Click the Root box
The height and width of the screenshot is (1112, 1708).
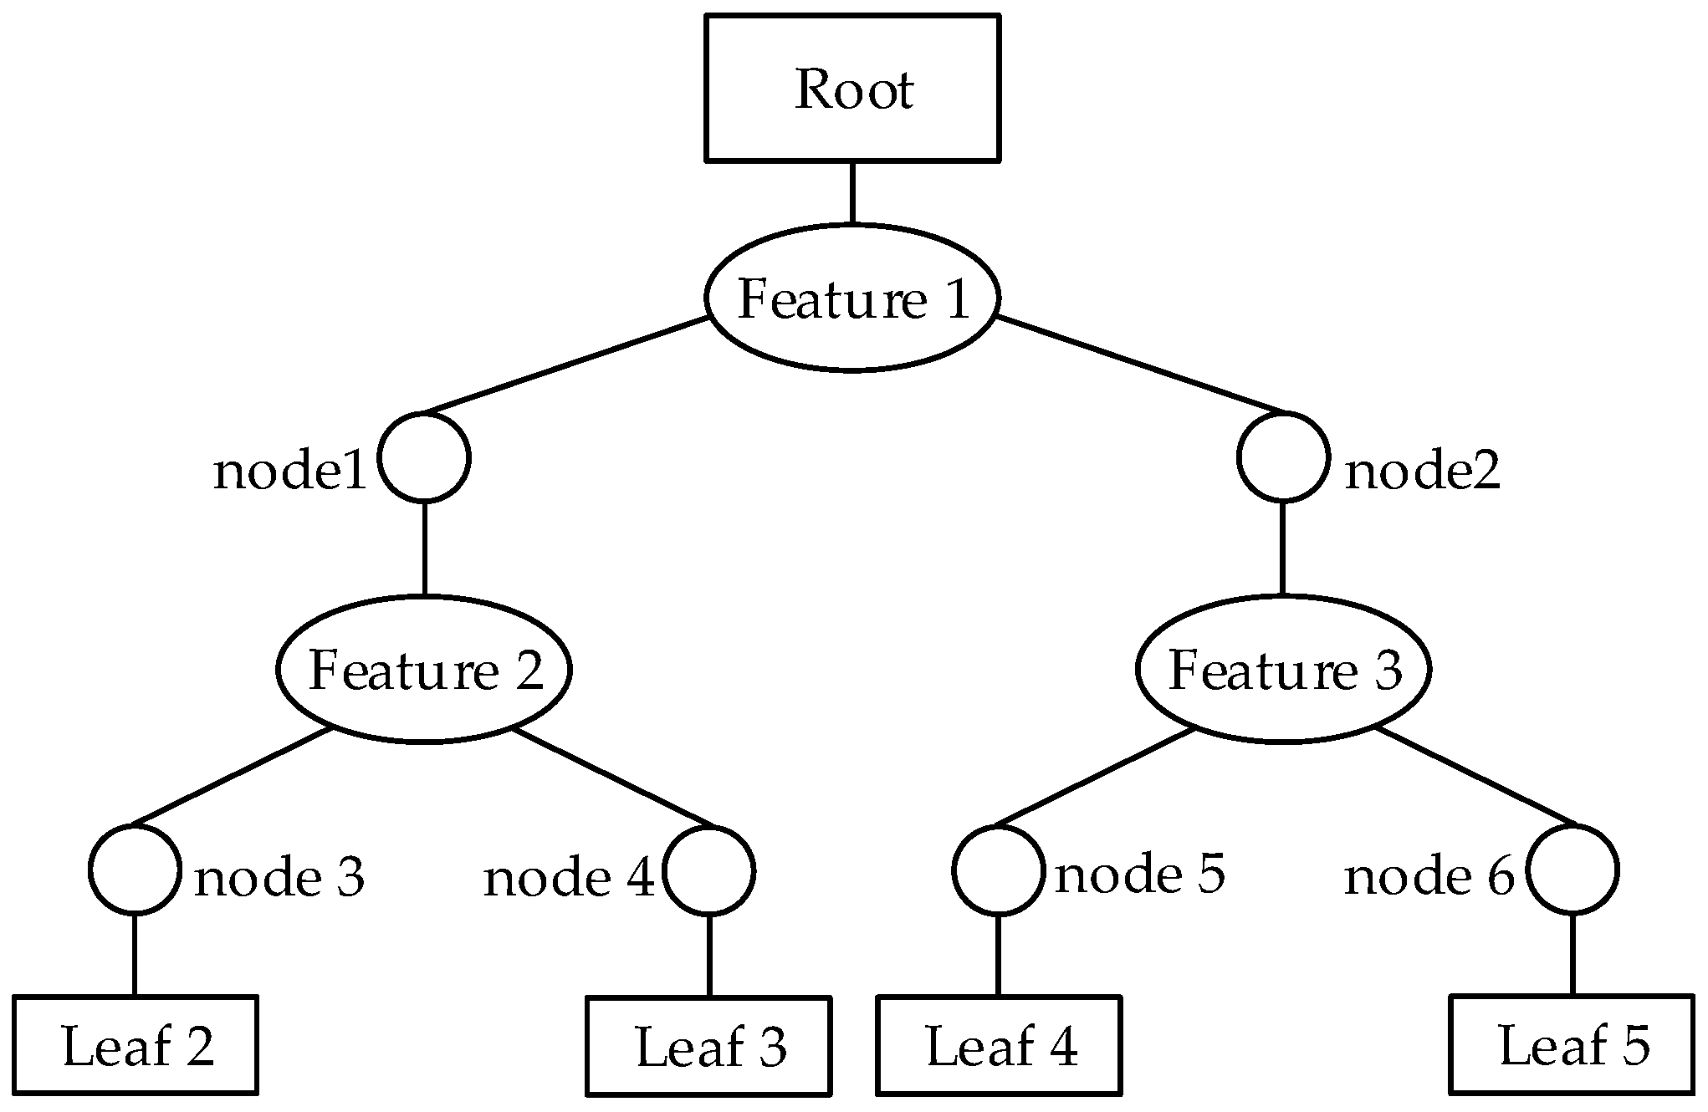(852, 88)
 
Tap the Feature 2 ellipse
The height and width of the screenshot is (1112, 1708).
(424, 669)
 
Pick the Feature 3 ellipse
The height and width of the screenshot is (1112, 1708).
(1283, 669)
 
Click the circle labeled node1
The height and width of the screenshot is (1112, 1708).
(424, 457)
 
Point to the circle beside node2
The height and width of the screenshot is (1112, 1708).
(1283, 457)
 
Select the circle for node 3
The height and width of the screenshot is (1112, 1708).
(134, 870)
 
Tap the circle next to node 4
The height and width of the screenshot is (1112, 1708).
(709, 870)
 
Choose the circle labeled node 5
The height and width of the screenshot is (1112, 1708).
(998, 870)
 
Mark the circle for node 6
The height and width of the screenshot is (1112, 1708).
(1572, 870)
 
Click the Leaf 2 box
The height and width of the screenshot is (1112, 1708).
(136, 1044)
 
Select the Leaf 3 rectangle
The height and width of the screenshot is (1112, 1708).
(709, 1045)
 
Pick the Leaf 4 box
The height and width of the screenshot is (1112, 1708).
(999, 1044)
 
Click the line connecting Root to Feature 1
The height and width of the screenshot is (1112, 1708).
(852, 192)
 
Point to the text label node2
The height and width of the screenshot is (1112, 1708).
(1422, 472)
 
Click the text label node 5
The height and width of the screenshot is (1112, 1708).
(1139, 875)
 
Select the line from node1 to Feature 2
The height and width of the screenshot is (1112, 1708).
(424, 548)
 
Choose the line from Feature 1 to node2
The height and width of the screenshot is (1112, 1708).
(1138, 365)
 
